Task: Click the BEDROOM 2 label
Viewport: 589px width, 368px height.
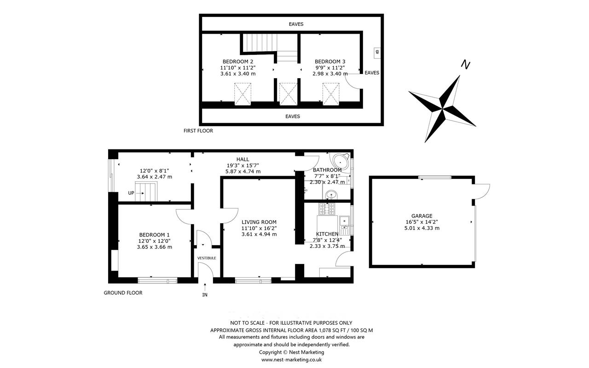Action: click(x=238, y=62)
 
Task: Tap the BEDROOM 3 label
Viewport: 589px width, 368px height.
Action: click(x=330, y=62)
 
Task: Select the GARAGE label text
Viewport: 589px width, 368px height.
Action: click(x=422, y=216)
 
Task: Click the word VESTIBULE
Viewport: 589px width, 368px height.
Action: click(x=207, y=258)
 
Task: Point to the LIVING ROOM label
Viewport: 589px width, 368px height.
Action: click(x=259, y=222)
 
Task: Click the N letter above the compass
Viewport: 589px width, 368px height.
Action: click(x=465, y=65)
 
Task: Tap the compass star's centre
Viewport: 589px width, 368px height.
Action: click(x=442, y=108)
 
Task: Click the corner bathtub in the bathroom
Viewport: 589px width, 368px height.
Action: click(x=340, y=161)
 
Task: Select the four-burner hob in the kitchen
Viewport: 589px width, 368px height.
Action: click(x=327, y=209)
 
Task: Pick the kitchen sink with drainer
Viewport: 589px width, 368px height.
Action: click(x=345, y=225)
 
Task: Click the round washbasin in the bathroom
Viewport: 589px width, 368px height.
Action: click(x=331, y=195)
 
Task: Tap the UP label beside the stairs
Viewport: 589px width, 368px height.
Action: click(x=131, y=193)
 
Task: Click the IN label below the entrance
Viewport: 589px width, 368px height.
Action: click(x=205, y=295)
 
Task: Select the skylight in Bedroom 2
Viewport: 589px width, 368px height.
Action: click(x=243, y=94)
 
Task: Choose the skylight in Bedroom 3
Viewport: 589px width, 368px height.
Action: click(x=331, y=94)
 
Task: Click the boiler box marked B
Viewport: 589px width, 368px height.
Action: click(x=377, y=53)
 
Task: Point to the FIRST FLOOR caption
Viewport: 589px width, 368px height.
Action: click(x=198, y=131)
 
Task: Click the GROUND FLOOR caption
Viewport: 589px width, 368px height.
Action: click(x=123, y=293)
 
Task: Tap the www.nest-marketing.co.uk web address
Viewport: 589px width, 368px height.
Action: click(x=291, y=360)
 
